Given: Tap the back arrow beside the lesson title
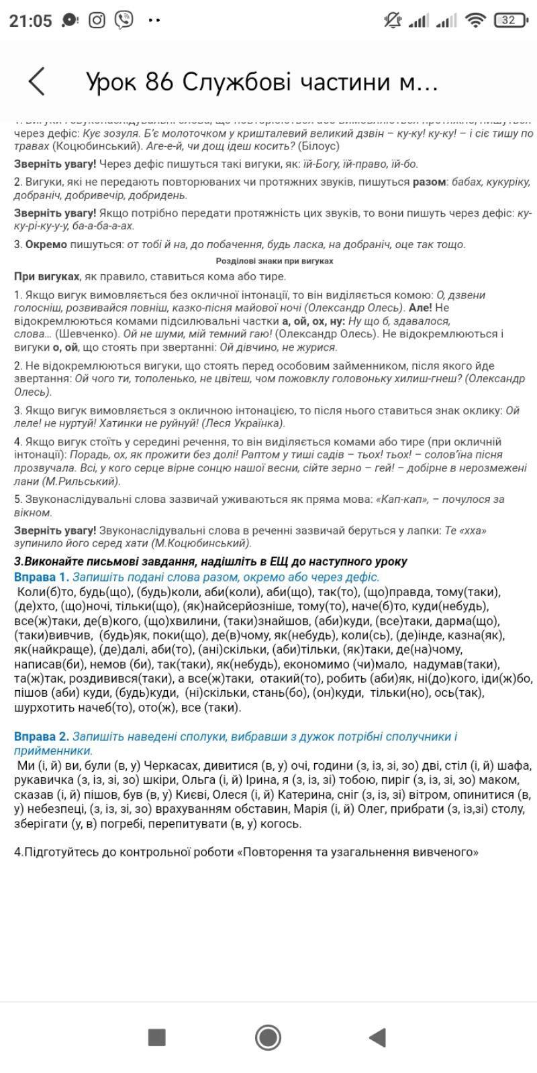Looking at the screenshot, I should [x=38, y=81].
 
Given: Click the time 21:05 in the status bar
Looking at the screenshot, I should [x=30, y=21].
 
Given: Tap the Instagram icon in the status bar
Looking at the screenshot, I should [x=97, y=21].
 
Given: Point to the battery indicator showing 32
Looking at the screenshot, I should [x=510, y=21].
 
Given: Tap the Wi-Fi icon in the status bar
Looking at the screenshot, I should [x=475, y=21].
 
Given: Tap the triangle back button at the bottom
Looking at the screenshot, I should [x=378, y=1037].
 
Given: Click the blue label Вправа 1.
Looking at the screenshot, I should [x=41, y=577].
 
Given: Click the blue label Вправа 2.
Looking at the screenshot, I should [x=41, y=736].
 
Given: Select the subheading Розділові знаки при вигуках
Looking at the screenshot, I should [x=274, y=261].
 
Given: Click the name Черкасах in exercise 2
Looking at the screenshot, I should [x=177, y=765].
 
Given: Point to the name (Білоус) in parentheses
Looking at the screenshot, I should [x=319, y=146].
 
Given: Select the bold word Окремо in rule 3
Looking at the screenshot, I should [x=46, y=244].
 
